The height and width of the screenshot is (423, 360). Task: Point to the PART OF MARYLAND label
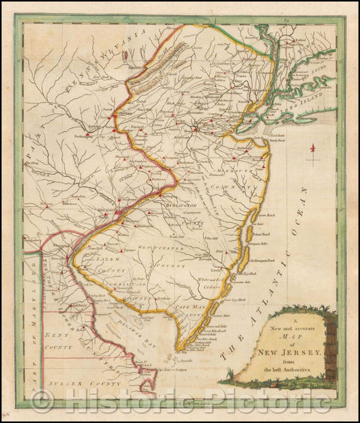tap(32, 324)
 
